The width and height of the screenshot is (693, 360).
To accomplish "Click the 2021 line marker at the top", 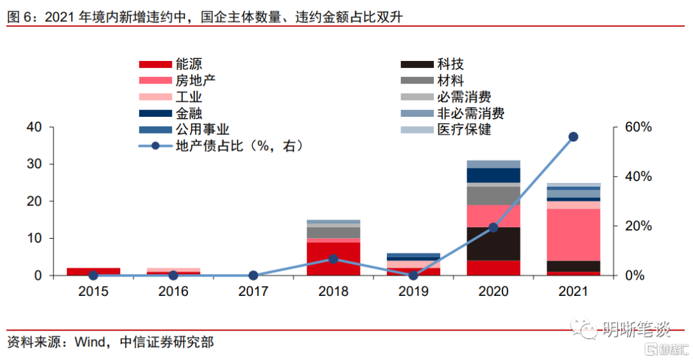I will (x=573, y=137).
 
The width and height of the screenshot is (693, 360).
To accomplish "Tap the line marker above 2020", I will (x=493, y=227).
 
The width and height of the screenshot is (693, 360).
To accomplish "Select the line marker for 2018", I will (x=333, y=259).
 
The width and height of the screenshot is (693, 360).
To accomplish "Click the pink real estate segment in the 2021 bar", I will (x=573, y=234).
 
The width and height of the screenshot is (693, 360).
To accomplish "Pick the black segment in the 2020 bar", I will (x=493, y=244).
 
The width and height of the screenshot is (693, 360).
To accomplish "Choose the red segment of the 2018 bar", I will (x=333, y=259).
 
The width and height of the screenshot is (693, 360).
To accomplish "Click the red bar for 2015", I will (x=93, y=271).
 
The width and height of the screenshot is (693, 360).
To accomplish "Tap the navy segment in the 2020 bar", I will (x=493, y=175).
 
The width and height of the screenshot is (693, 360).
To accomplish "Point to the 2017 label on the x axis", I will (x=253, y=291).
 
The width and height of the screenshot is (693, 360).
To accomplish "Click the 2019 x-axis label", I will (x=413, y=291).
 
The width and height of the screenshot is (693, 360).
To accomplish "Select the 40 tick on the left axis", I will (x=35, y=127).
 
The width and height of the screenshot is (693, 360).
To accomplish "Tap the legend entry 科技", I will (x=450, y=64).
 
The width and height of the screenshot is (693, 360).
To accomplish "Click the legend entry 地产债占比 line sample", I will (x=155, y=146).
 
